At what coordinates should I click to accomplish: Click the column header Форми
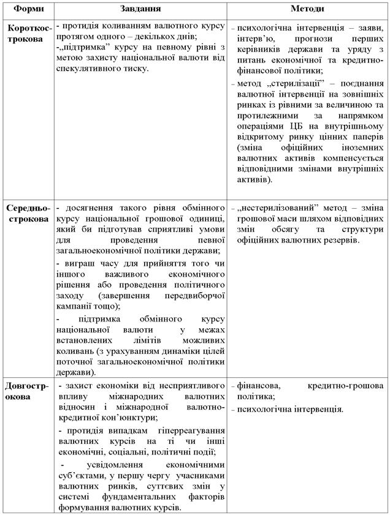tap(28, 10)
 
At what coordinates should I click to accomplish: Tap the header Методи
tap(308, 10)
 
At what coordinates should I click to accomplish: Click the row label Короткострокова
tap(28, 33)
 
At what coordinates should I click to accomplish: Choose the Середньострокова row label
tap(28, 213)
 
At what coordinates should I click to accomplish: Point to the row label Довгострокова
tap(28, 391)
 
